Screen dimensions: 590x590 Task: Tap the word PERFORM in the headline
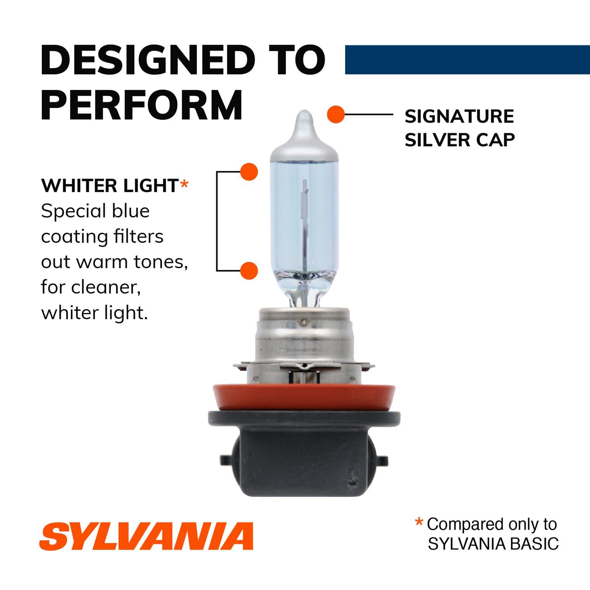pyautogui.click(x=142, y=105)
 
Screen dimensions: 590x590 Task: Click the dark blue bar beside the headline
pyautogui.click(x=467, y=60)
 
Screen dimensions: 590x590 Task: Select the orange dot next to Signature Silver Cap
pyautogui.click(x=335, y=115)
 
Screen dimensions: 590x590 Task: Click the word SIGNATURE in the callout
pyautogui.click(x=459, y=117)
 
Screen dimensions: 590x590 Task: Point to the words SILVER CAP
pyautogui.click(x=459, y=140)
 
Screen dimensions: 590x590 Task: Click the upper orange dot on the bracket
pyautogui.click(x=249, y=172)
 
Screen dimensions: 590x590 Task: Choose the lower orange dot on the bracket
pyautogui.click(x=249, y=270)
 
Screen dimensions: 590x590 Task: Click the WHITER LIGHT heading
pyautogui.click(x=110, y=186)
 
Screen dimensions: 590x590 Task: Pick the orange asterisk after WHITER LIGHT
pyautogui.click(x=184, y=184)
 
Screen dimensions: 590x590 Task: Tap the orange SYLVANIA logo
pyautogui.click(x=146, y=536)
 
